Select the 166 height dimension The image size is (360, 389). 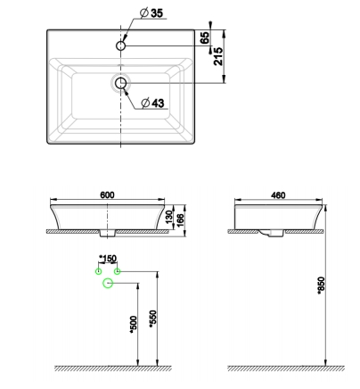pos(181,219)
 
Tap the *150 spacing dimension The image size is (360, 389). pos(109,259)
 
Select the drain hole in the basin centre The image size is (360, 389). pos(120,83)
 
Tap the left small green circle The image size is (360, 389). pos(99,269)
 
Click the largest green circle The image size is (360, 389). pos(109,283)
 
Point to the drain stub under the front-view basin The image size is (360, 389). pos(109,234)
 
